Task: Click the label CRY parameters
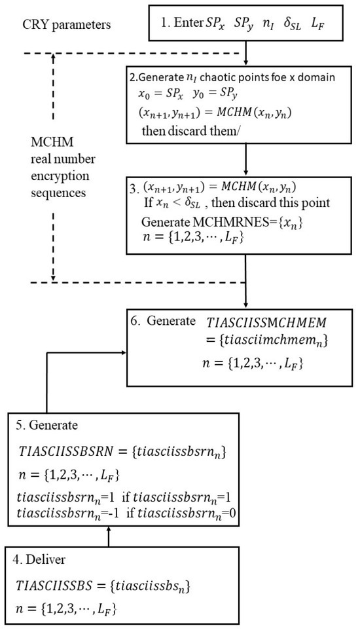67,25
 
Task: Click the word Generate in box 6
171,321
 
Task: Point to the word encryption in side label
60,176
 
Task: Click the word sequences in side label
58,193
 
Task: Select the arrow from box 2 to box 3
245,158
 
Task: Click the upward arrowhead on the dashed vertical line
53,57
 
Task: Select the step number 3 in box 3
134,189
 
